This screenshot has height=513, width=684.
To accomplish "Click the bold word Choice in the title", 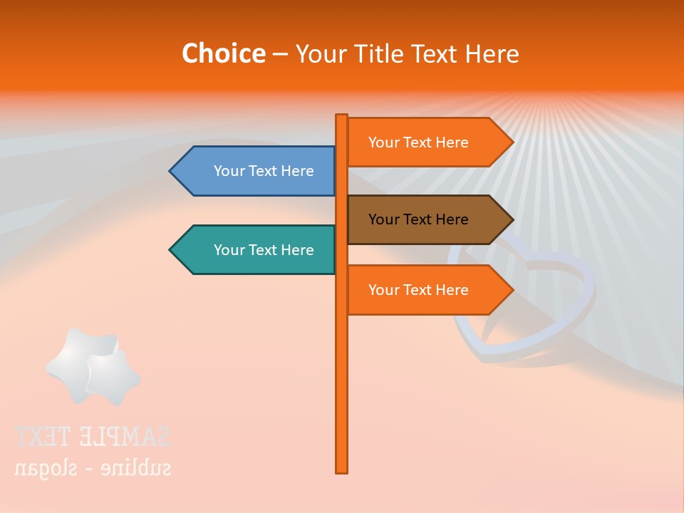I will [x=223, y=53].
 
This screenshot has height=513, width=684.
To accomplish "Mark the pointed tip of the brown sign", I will [x=512, y=219].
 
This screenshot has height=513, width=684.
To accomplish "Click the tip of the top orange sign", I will [x=512, y=142].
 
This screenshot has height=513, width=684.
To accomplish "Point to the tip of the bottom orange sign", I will [x=512, y=290].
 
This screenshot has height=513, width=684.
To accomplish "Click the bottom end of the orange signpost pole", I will [x=342, y=470].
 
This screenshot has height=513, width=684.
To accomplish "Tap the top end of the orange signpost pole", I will [x=342, y=117].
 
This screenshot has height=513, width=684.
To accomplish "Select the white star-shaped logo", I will [x=93, y=366].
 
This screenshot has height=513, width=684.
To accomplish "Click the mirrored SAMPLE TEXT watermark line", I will [x=93, y=435].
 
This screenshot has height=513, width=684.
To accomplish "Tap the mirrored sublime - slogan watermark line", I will [x=93, y=468].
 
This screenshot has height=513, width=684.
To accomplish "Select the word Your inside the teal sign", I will [x=229, y=250].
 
